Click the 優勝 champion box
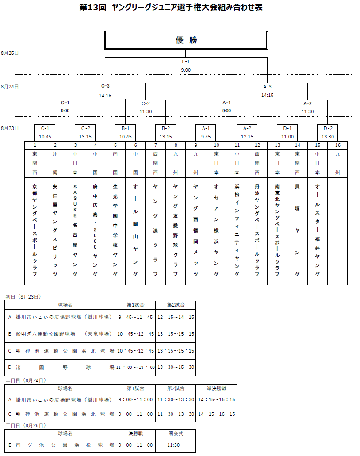pos(186,40)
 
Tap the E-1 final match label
pos(186,61)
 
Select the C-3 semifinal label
pos(105,86)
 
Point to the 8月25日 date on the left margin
pos(10,53)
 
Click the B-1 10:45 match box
pos(125,133)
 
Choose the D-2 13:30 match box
pos(328,133)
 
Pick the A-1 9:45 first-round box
pos(206,133)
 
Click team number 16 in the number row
pos(337,145)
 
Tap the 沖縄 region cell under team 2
pos(55,163)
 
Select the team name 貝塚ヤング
pos(297,230)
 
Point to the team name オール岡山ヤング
pos(135,230)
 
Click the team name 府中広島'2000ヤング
pos(95,230)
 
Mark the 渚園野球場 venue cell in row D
pos(65,368)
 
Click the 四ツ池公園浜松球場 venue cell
pos(65,445)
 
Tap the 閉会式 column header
pos(176,433)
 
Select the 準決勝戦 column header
pos(216,388)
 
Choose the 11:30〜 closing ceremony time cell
pos(176,445)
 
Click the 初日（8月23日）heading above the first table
pos(23,297)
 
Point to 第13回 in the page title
pos(93,7)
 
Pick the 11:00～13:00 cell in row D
pos(135,368)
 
